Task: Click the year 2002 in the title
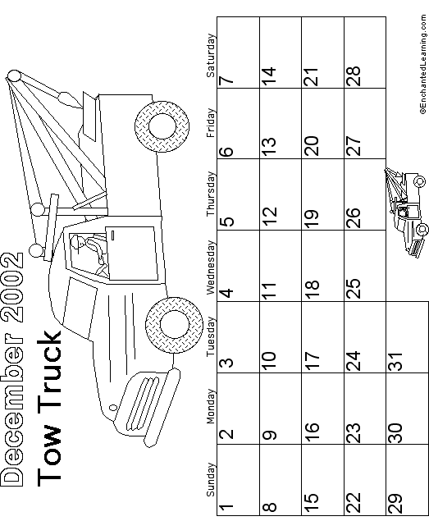12,287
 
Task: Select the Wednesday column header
211,267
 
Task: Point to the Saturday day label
211,55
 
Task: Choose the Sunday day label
211,479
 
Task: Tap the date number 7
226,80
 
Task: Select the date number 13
269,147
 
